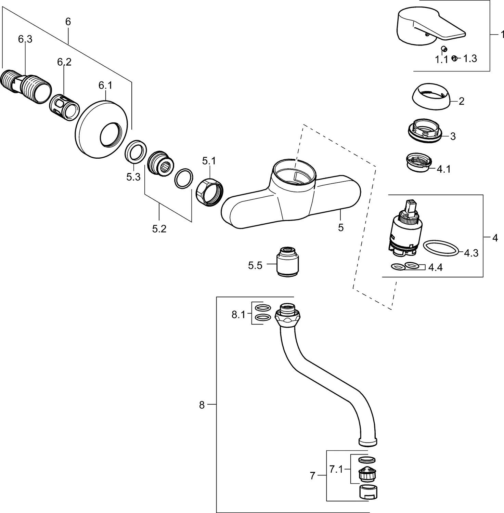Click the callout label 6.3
tap(25, 39)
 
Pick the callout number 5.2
tap(159, 229)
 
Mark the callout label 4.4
tap(435, 267)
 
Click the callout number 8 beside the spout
tap(202, 405)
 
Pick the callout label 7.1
tap(336, 470)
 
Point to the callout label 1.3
tap(470, 59)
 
